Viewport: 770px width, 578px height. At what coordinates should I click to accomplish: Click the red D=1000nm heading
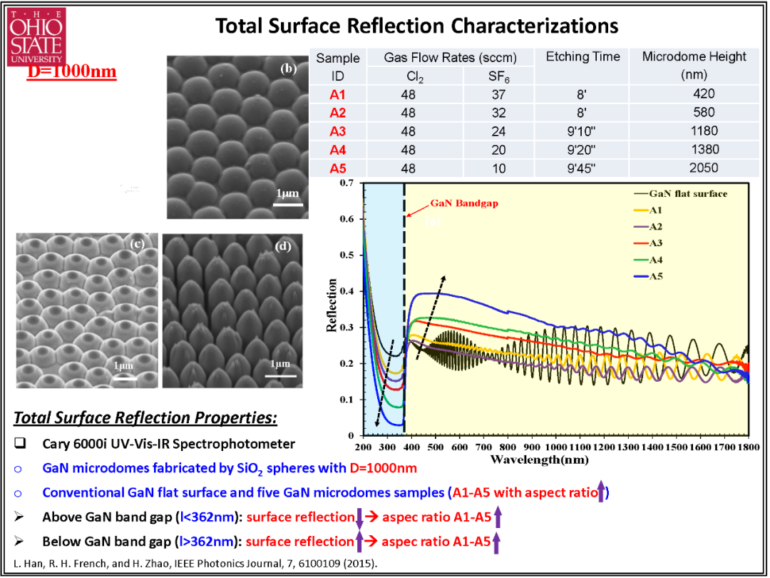pyautogui.click(x=71, y=72)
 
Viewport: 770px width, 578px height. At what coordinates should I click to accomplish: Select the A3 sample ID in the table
pyautogui.click(x=337, y=131)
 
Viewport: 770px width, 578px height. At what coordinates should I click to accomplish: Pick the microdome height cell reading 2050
pyautogui.click(x=704, y=168)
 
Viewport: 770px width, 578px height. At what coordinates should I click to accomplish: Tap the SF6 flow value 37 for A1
pyautogui.click(x=498, y=94)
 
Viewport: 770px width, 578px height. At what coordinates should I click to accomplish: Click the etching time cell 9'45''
pyautogui.click(x=582, y=168)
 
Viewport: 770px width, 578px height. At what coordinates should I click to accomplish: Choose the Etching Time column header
pyautogui.click(x=583, y=57)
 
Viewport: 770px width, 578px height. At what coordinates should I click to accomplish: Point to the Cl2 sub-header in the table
pyautogui.click(x=408, y=76)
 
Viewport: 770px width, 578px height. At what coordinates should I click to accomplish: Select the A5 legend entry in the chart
pyautogui.click(x=648, y=276)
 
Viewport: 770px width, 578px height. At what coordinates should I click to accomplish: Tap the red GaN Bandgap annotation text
pyautogui.click(x=464, y=203)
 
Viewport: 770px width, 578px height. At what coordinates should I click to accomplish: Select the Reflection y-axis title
pyautogui.click(x=332, y=305)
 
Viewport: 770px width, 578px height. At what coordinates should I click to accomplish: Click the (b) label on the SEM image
pyautogui.click(x=288, y=69)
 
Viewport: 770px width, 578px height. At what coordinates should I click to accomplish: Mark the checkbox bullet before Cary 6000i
pyautogui.click(x=20, y=443)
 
